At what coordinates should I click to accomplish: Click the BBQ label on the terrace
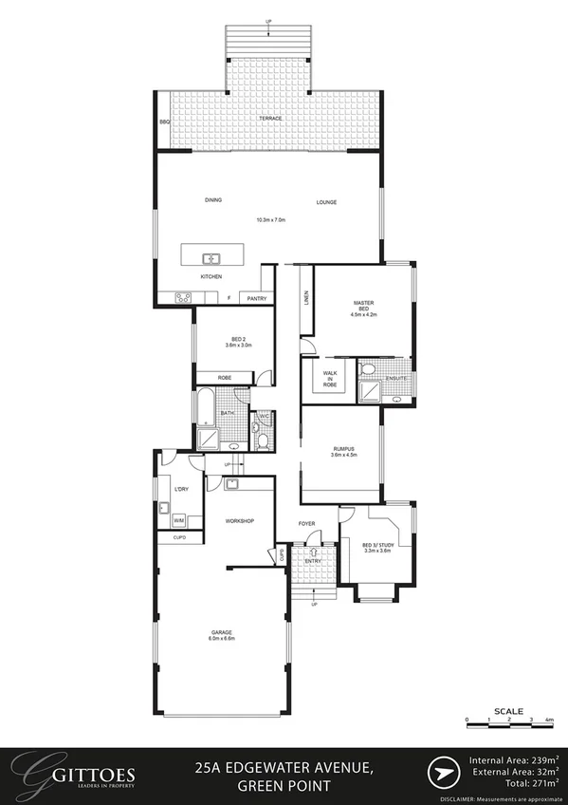click(x=164, y=122)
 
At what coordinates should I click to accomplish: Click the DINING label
click(x=212, y=201)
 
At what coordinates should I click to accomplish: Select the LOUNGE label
click(x=326, y=202)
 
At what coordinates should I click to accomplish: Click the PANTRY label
click(x=256, y=299)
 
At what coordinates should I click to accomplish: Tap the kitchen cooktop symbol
click(x=183, y=297)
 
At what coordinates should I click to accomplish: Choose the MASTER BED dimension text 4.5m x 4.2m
click(x=364, y=314)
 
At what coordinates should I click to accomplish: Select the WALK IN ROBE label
click(x=330, y=380)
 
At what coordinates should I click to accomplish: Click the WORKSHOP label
click(x=239, y=521)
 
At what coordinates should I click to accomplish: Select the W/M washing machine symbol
click(x=178, y=521)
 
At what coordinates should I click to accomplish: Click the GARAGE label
click(x=222, y=632)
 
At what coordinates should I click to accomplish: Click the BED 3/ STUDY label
click(x=377, y=545)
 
